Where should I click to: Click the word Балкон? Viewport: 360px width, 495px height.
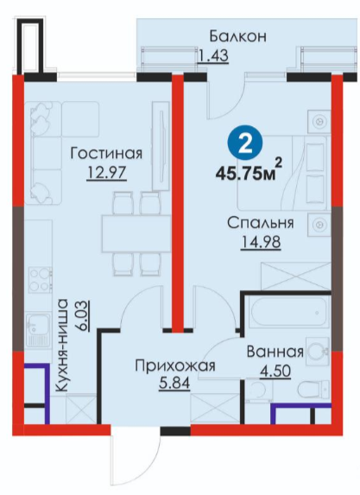(238, 36)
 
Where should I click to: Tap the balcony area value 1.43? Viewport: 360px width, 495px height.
(212, 56)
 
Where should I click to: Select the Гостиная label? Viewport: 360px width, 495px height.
(106, 154)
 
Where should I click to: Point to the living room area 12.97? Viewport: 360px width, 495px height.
(106, 173)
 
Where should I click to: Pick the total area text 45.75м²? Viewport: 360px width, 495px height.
(249, 172)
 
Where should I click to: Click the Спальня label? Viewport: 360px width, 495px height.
(261, 223)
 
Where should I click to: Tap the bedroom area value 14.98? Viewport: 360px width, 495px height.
(261, 243)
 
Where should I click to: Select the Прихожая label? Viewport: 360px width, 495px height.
(175, 366)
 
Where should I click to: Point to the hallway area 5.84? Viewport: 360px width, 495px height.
(174, 384)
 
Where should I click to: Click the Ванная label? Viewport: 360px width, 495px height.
(275, 352)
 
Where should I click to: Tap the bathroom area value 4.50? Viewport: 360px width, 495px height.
(275, 371)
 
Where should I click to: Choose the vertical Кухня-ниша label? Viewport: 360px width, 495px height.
(63, 345)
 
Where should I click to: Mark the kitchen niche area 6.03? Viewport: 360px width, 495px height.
(83, 316)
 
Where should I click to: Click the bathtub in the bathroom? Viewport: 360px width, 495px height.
(288, 312)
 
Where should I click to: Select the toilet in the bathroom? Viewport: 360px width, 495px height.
(313, 390)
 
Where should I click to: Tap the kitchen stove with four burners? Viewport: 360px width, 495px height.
(41, 280)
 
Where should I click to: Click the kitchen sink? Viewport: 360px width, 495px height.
(37, 330)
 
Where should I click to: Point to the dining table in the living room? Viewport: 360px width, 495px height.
(136, 233)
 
